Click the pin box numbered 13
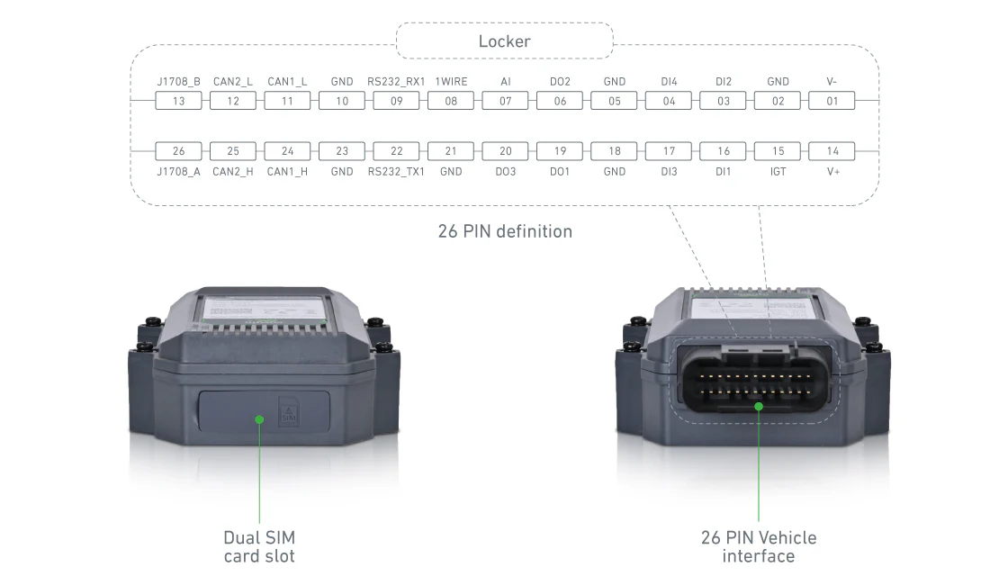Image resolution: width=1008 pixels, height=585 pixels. pyautogui.click(x=178, y=101)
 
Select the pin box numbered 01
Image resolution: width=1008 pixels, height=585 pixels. pyautogui.click(x=832, y=101)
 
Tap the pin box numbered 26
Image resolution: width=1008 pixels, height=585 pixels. pyautogui.click(x=178, y=151)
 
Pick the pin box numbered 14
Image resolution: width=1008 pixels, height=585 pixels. pyautogui.click(x=832, y=151)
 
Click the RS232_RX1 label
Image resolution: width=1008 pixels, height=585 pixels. pyautogui.click(x=396, y=82)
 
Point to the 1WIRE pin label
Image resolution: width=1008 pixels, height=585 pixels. pyautogui.click(x=451, y=82)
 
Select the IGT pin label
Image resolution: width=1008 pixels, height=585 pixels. pyautogui.click(x=778, y=171)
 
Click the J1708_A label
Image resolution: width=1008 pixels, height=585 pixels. pyautogui.click(x=178, y=171)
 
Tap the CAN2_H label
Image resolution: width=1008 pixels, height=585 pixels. pyautogui.click(x=233, y=171)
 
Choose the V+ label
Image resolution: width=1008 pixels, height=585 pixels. pyautogui.click(x=832, y=171)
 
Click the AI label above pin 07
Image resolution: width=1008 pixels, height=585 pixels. pyautogui.click(x=506, y=82)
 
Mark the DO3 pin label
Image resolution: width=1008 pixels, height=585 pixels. pyautogui.click(x=506, y=171)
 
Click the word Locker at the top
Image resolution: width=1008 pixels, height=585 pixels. pyautogui.click(x=504, y=41)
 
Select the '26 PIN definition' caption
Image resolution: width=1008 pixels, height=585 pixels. pyautogui.click(x=505, y=231)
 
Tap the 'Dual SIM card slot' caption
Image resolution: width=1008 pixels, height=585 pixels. pyautogui.click(x=259, y=546)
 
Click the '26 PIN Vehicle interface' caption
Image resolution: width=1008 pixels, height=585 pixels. pyautogui.click(x=759, y=546)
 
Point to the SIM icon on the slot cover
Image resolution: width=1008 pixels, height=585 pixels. pyautogui.click(x=289, y=411)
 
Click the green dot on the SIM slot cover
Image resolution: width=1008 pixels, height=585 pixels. pyautogui.click(x=259, y=418)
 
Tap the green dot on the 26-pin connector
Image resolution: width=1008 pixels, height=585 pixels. pyautogui.click(x=759, y=407)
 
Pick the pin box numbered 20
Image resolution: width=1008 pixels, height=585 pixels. pyautogui.click(x=506, y=151)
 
